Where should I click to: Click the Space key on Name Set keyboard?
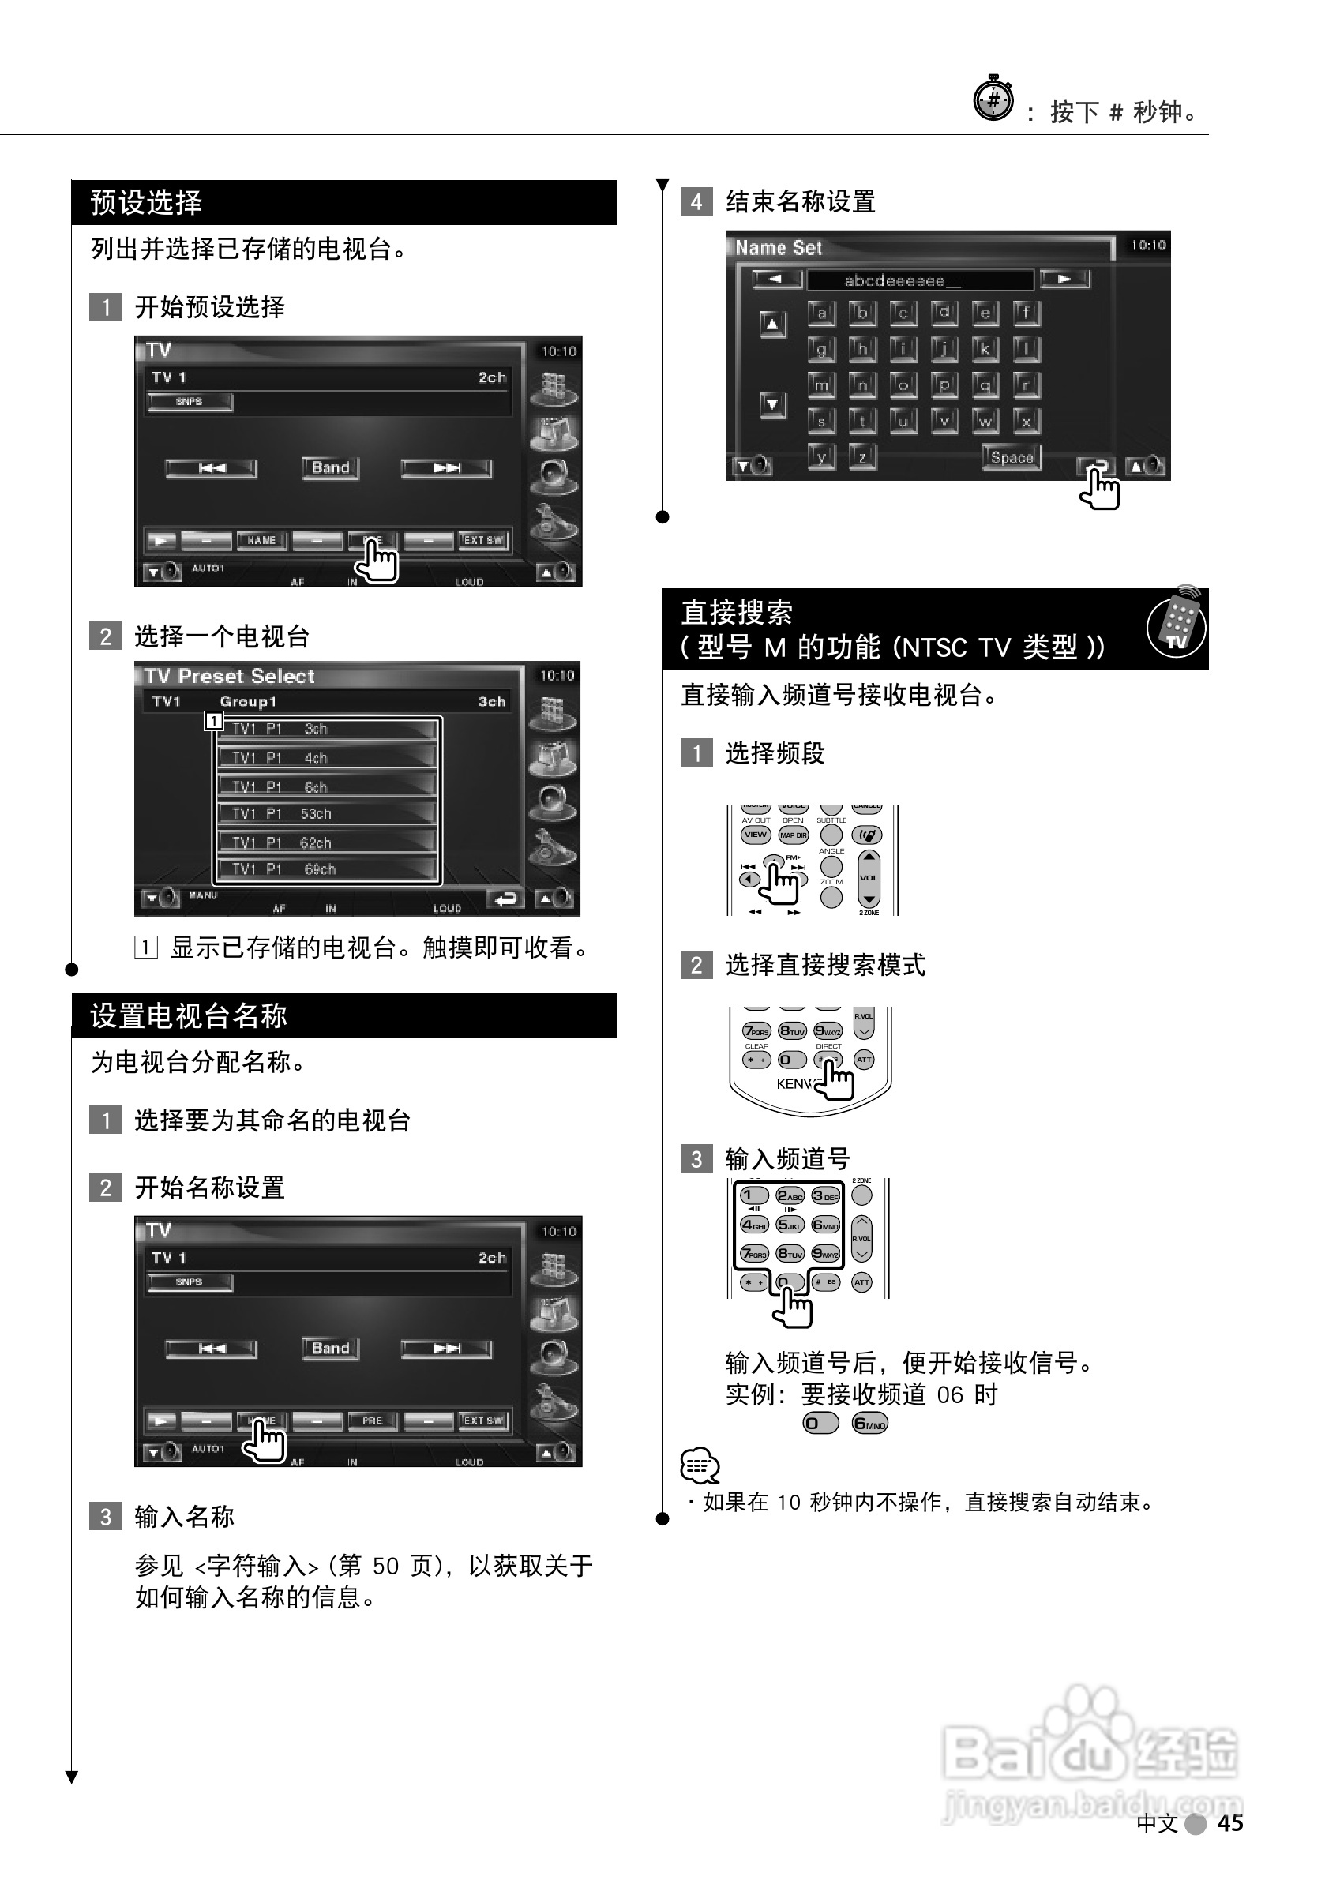click(x=1012, y=458)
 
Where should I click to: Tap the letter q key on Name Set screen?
click(x=985, y=385)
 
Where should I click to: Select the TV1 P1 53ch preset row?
click(x=326, y=814)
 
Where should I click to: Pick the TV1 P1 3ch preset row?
click(x=326, y=729)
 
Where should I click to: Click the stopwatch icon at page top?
click(x=993, y=100)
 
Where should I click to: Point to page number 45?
click(x=1229, y=1822)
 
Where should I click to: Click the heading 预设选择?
click(x=146, y=202)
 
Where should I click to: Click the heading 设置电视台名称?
click(x=189, y=1015)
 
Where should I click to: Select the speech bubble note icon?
click(x=700, y=1465)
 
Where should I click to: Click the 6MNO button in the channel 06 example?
click(x=869, y=1423)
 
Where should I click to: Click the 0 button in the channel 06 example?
click(x=820, y=1423)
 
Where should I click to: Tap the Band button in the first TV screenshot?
click(x=330, y=467)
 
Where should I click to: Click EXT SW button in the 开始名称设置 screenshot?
click(x=483, y=1420)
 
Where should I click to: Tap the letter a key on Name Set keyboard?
click(x=821, y=313)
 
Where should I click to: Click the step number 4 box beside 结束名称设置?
click(x=696, y=202)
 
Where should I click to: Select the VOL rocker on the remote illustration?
click(x=868, y=878)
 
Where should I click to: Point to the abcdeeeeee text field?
click(x=919, y=281)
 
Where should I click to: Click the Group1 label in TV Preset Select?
click(x=248, y=702)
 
